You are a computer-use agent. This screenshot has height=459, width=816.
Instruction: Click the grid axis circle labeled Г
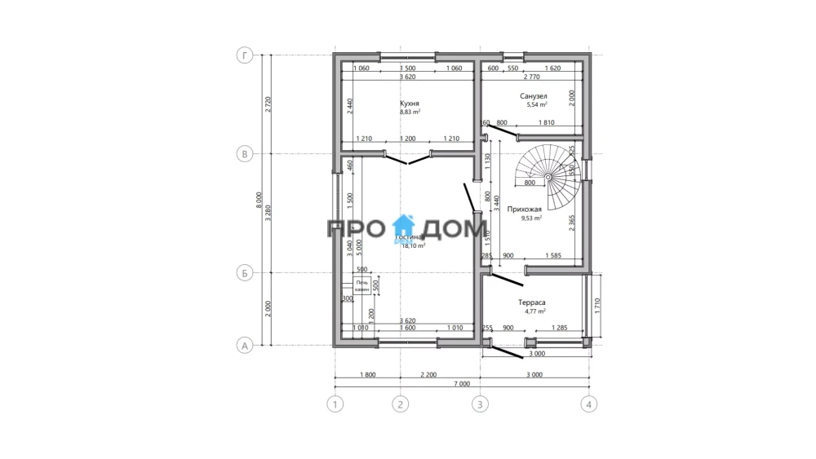coord(243,55)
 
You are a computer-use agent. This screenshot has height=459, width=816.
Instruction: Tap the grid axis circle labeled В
coord(243,153)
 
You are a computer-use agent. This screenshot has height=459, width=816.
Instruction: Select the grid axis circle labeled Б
coord(243,273)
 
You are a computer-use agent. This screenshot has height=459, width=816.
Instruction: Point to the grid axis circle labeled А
coord(243,346)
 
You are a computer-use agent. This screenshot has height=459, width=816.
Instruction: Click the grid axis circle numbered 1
coord(334,404)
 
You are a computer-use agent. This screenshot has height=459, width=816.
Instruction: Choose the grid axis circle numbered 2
coord(399,404)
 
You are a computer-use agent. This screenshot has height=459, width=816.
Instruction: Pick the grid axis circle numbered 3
coord(480,404)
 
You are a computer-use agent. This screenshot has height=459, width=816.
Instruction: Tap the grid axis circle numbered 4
coord(589,404)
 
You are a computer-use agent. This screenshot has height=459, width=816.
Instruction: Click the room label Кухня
coord(410,104)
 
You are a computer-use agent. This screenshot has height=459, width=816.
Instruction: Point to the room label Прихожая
coord(525,210)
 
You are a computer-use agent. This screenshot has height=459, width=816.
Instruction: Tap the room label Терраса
coord(531,302)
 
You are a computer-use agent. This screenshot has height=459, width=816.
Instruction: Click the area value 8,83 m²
coord(409,113)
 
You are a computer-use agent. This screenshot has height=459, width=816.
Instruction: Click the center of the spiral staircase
coord(549,175)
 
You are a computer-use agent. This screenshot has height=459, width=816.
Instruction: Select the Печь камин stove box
coord(361,286)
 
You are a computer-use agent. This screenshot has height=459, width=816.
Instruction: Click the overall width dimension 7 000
coord(462,383)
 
